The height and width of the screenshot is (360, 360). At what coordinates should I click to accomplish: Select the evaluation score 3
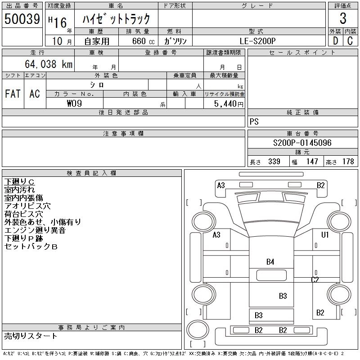click(x=343, y=19)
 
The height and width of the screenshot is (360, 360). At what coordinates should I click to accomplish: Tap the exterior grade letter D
click(x=335, y=41)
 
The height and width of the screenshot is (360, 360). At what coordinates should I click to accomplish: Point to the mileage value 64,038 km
click(x=49, y=64)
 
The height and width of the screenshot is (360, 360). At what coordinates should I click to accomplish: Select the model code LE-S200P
click(x=256, y=41)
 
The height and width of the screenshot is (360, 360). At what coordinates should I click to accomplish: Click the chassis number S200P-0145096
click(x=302, y=143)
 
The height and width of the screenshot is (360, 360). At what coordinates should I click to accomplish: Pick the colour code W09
click(x=74, y=103)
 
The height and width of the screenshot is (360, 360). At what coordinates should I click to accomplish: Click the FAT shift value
click(x=13, y=94)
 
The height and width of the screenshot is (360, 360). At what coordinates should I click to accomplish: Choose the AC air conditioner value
click(x=35, y=94)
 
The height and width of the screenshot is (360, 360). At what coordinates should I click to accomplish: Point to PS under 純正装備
click(x=254, y=122)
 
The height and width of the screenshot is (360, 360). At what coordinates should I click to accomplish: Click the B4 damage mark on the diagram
click(x=270, y=261)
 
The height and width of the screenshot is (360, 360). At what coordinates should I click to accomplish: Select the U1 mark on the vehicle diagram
click(x=325, y=235)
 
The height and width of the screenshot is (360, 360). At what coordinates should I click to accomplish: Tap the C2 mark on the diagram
click(x=315, y=280)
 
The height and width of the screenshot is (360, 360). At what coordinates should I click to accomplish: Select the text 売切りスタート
click(x=31, y=336)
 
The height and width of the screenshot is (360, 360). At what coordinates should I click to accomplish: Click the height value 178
click(x=348, y=162)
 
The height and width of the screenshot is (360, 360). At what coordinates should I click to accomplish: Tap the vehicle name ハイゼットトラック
click(x=116, y=19)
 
